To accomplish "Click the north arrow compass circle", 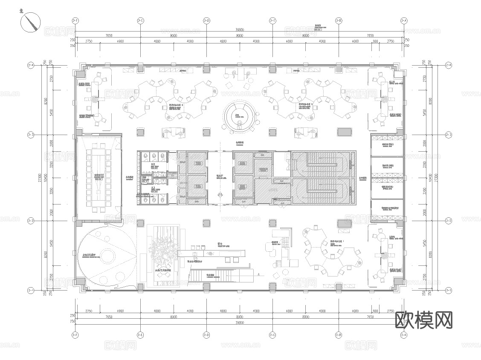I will click(x=31, y=22).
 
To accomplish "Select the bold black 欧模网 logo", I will click(x=424, y=320).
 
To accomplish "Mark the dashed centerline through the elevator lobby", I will click(x=220, y=170).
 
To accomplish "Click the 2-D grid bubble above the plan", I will click(x=206, y=20).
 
